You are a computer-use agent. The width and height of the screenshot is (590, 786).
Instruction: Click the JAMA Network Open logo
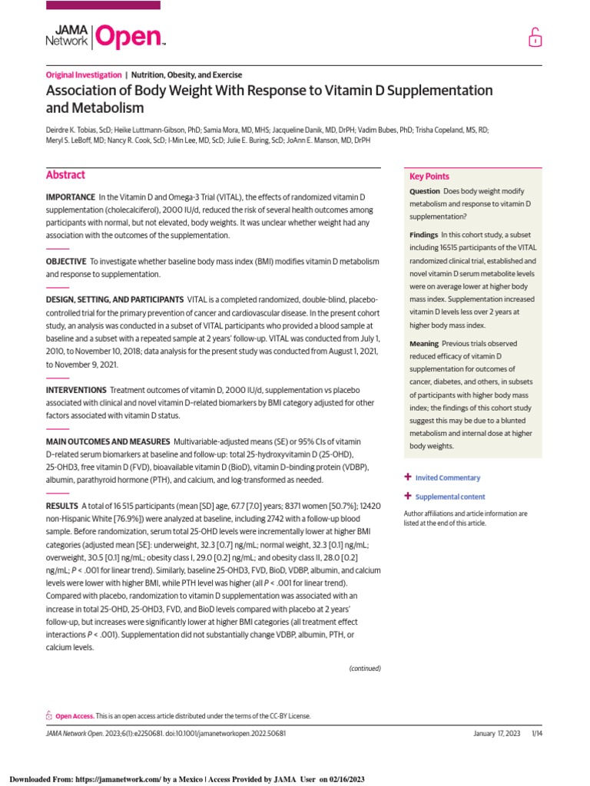pyautogui.click(x=105, y=36)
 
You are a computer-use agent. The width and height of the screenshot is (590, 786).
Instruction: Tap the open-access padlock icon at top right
pyautogui.click(x=534, y=37)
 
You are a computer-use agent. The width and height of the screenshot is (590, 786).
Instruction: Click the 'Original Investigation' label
pyautogui.click(x=84, y=75)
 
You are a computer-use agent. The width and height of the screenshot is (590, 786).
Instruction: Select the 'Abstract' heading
pyautogui.click(x=65, y=176)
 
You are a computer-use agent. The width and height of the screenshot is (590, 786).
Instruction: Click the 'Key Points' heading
pyautogui.click(x=429, y=177)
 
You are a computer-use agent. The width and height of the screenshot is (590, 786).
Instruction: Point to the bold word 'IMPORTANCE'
pyautogui.click(x=71, y=198)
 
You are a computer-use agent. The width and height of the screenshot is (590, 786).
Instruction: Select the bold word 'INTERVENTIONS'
pyautogui.click(x=76, y=391)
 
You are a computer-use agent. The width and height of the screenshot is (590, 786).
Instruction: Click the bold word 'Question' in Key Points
pyautogui.click(x=425, y=191)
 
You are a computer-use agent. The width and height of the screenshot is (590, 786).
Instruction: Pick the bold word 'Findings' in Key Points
pyautogui.click(x=425, y=234)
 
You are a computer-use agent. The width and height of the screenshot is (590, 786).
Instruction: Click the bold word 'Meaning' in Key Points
pyautogui.click(x=425, y=344)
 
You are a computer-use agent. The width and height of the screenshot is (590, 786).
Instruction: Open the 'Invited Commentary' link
pyautogui.click(x=447, y=478)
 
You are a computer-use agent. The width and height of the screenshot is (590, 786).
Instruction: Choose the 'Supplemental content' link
pyautogui.click(x=449, y=497)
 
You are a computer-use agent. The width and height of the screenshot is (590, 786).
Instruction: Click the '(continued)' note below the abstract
pyautogui.click(x=365, y=669)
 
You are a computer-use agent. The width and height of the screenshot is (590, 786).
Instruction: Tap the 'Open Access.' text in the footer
pyautogui.click(x=75, y=716)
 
